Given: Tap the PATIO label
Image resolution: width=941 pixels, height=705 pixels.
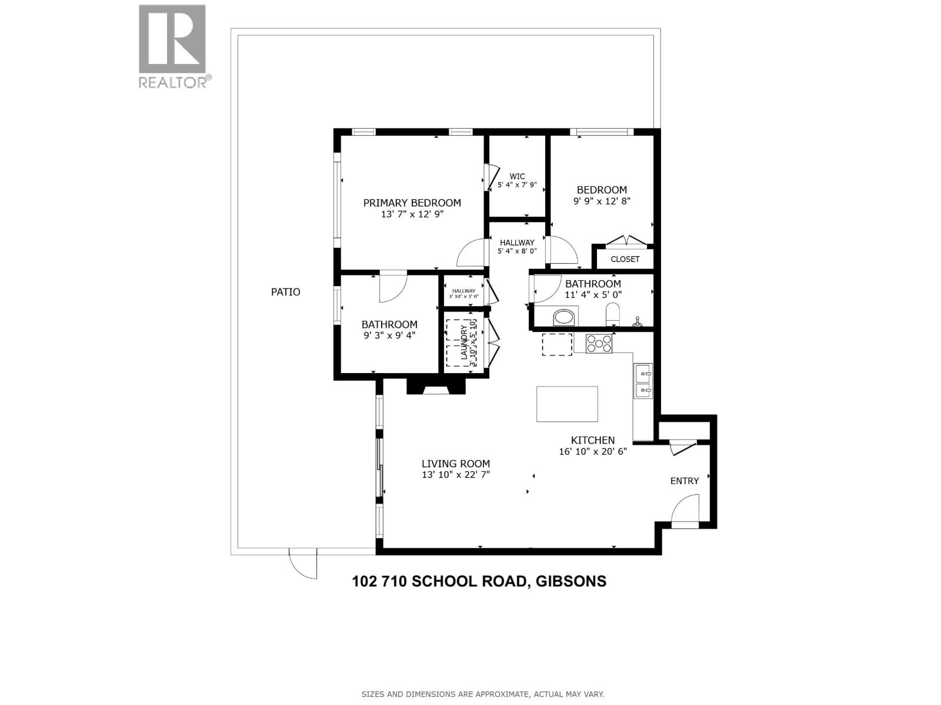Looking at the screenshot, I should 285,292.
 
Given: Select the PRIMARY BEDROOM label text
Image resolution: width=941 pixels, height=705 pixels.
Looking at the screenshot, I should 412,203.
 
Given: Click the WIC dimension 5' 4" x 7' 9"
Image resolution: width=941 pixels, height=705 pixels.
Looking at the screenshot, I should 517,185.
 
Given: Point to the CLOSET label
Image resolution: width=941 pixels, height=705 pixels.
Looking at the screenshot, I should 625,259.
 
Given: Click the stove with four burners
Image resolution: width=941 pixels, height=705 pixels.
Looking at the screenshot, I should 599,343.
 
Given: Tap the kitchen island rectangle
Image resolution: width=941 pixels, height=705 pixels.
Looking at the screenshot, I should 567,404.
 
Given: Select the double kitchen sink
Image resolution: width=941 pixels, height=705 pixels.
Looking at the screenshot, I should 643,381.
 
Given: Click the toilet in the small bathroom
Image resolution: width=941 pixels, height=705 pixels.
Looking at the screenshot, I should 613,315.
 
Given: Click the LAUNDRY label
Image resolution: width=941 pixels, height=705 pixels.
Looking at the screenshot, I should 464,343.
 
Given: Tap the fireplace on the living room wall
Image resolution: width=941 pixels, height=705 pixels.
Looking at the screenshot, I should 436,386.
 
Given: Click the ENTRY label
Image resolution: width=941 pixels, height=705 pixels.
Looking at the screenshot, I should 685,481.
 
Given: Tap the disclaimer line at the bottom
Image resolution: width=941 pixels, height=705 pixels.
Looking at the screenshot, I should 482,694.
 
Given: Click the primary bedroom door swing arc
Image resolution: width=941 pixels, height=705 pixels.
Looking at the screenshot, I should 472,254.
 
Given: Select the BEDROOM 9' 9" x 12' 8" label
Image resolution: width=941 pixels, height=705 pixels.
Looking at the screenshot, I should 602,195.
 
